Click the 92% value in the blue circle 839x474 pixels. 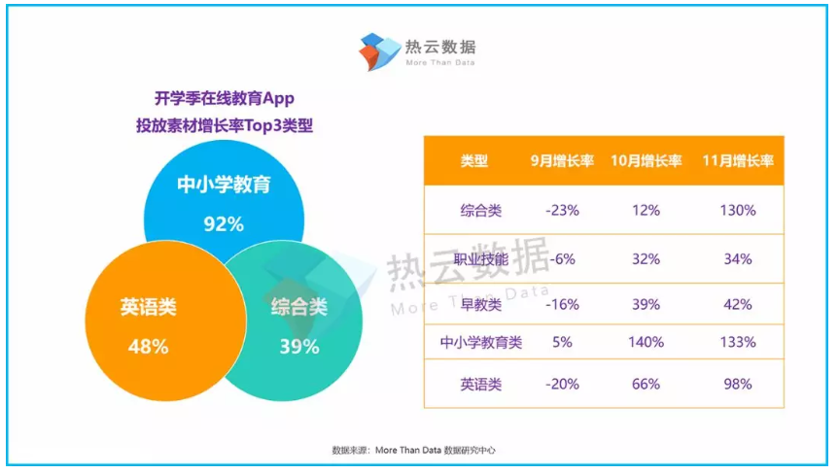[224, 224]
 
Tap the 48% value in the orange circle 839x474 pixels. [148, 347]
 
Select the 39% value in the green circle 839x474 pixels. [299, 347]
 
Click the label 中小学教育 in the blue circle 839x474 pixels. [224, 185]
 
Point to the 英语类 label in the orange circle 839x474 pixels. [148, 307]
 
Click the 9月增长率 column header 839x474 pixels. [562, 161]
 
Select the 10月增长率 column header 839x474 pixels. [647, 161]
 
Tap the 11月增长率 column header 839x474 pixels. [738, 161]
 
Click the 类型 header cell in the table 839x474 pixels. [474, 161]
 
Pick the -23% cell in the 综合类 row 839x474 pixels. [562, 211]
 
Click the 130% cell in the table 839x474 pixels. [738, 211]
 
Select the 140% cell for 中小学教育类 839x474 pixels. [647, 342]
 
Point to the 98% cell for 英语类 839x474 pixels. [738, 385]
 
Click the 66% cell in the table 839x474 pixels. [647, 385]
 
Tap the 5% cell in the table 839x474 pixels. [562, 342]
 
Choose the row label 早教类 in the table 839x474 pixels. [481, 305]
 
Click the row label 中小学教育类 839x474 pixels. [481, 342]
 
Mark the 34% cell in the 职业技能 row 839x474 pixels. [738, 259]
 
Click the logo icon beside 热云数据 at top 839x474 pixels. [379, 51]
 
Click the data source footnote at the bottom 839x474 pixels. [413, 451]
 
